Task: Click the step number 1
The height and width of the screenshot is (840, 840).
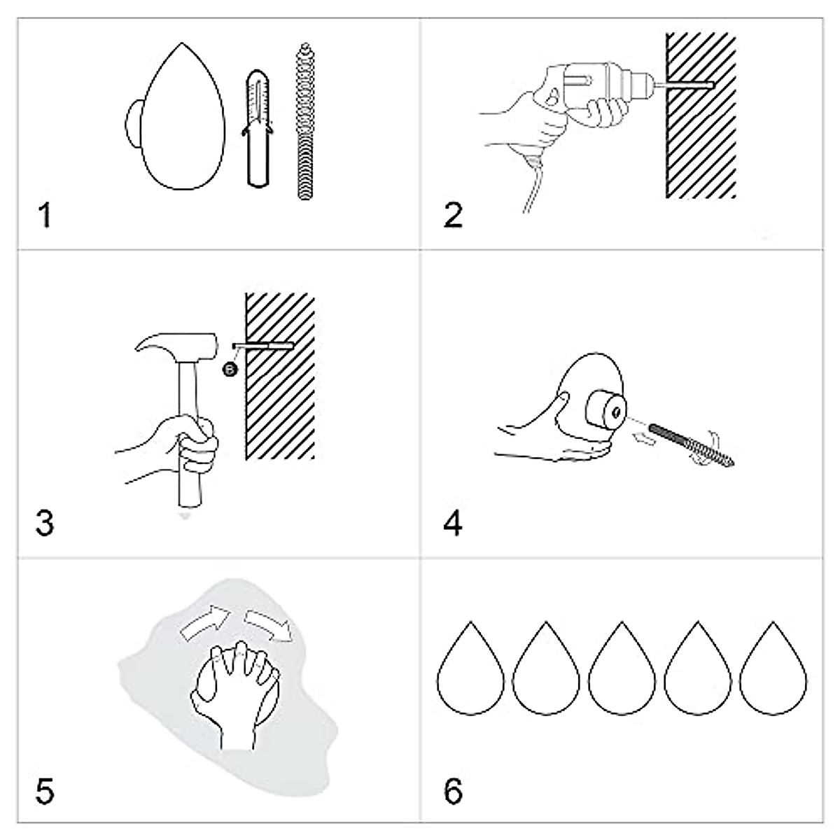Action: [x=45, y=216]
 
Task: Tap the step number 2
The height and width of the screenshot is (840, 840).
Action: [x=453, y=216]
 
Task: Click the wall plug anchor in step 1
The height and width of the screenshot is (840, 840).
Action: [x=258, y=129]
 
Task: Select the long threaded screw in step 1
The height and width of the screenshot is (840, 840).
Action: [x=306, y=121]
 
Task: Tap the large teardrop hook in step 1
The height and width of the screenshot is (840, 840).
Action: [x=176, y=117]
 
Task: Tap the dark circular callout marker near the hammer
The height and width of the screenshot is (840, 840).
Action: [x=230, y=370]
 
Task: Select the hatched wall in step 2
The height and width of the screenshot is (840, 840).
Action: [x=701, y=115]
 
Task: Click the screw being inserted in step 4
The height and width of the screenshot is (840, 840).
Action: [x=692, y=444]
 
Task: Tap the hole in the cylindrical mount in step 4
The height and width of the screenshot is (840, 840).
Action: [x=617, y=412]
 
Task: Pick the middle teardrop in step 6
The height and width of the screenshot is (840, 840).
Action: [x=622, y=668]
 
